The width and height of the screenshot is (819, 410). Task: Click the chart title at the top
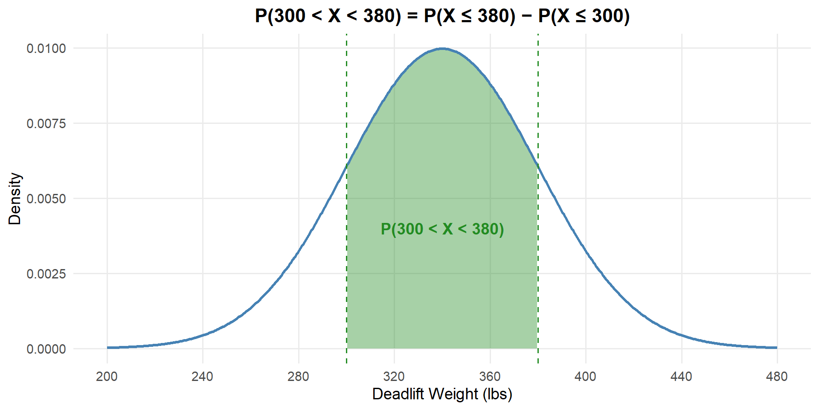[x=442, y=16]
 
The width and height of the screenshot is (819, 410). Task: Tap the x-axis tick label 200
[x=107, y=377]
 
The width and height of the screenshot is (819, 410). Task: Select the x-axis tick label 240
[x=202, y=377]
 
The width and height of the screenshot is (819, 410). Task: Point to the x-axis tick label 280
[x=298, y=377]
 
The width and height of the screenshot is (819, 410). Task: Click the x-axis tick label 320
[x=394, y=377]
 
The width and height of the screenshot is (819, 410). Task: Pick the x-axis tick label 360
[x=490, y=377]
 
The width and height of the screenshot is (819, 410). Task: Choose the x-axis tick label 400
[x=585, y=377]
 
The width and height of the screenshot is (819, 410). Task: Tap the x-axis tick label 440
[x=681, y=377]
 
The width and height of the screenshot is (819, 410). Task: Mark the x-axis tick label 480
[x=777, y=377]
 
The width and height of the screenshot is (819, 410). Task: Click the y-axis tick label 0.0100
[x=46, y=48]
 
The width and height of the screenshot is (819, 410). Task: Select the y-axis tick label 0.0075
[x=46, y=123]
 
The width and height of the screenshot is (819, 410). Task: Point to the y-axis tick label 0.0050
[x=46, y=199]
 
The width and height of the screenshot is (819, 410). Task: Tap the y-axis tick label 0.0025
[x=46, y=274]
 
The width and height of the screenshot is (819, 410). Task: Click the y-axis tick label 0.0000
[x=46, y=349]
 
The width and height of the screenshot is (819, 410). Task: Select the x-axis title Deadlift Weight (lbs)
[x=442, y=394]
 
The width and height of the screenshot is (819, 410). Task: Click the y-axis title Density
[x=15, y=199]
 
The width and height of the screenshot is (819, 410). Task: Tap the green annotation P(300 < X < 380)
[x=442, y=229]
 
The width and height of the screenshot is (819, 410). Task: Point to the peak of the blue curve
[x=442, y=49]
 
